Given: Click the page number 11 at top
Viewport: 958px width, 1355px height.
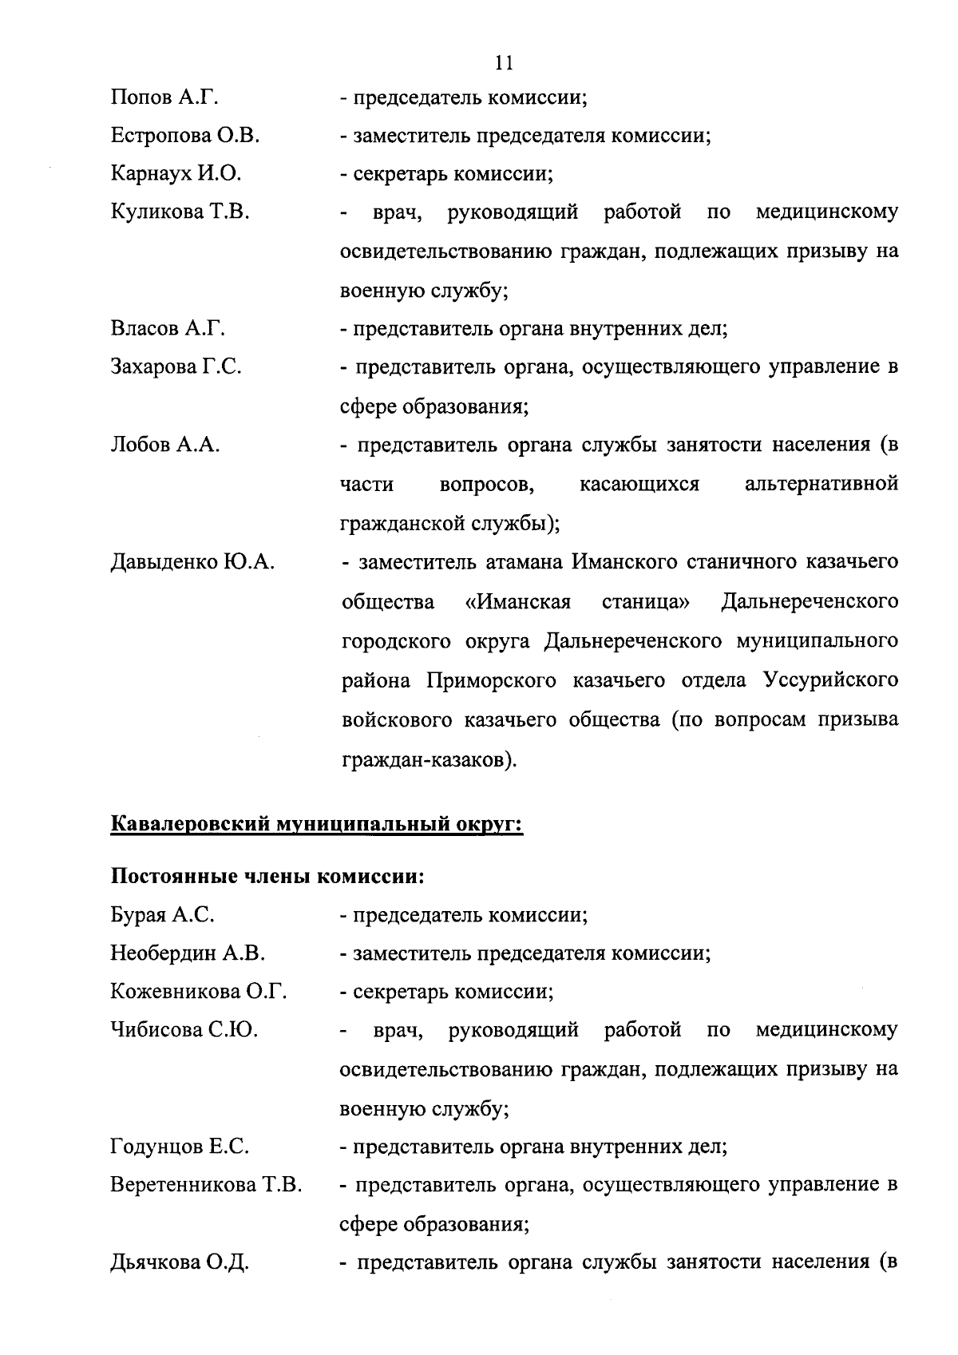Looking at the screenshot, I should click(504, 61).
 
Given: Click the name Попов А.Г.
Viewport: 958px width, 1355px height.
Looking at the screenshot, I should click(164, 98).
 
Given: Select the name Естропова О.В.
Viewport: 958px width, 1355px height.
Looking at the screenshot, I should click(185, 136).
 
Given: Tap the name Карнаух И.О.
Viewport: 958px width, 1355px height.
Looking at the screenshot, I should click(176, 174).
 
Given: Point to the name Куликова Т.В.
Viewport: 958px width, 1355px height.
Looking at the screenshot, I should click(180, 212).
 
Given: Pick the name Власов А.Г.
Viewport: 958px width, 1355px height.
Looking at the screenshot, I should click(168, 329).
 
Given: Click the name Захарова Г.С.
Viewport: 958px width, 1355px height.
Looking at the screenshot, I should click(176, 367).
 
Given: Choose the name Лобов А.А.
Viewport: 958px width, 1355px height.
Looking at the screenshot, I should click(164, 445).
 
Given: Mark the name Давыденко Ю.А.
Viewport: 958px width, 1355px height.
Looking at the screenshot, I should click(192, 562).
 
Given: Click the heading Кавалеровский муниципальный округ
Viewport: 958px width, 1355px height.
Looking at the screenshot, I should click(316, 824).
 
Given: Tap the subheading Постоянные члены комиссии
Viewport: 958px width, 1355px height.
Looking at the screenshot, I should click(266, 877).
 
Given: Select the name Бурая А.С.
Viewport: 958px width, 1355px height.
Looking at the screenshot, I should click(162, 915).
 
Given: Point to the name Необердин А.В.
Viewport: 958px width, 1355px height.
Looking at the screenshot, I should click(188, 953).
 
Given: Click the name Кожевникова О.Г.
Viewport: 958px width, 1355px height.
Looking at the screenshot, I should click(199, 992).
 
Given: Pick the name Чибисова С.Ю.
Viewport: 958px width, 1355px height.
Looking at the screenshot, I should click(184, 1031).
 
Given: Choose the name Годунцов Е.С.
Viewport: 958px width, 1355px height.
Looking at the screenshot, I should click(180, 1147).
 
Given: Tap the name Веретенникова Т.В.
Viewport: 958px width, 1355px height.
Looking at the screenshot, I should click(206, 1186).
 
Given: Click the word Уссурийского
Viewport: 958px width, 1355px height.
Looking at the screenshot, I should click(830, 680).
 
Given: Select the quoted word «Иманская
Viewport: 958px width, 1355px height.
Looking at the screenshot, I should click(518, 601).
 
